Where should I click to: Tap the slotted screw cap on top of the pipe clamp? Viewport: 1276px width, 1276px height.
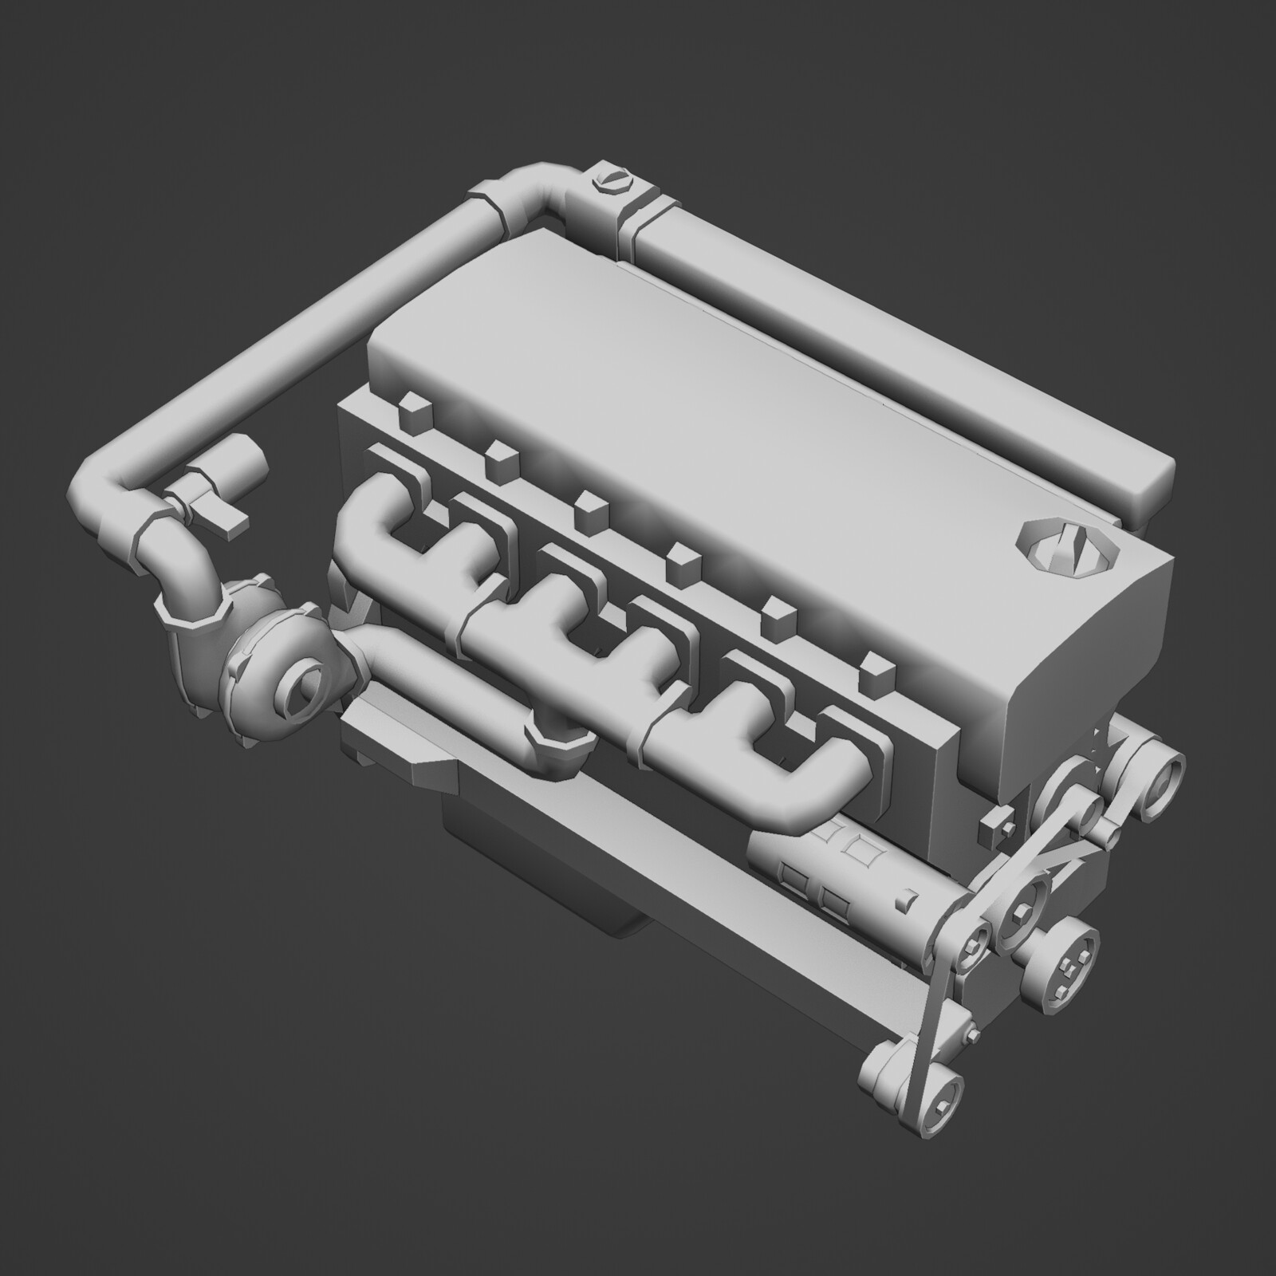tap(612, 183)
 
